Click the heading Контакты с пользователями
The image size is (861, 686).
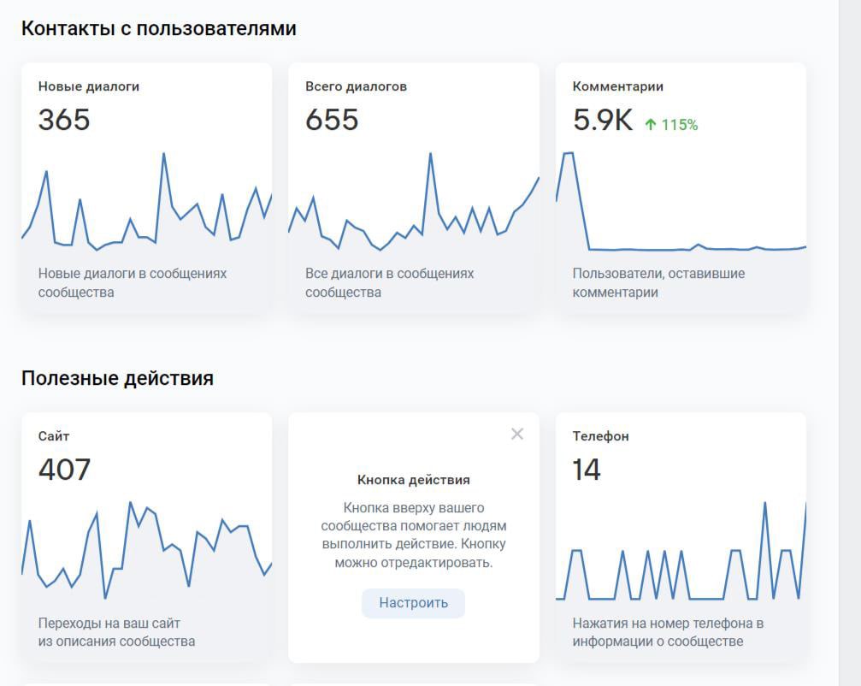click(x=158, y=28)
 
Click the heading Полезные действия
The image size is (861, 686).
click(x=117, y=378)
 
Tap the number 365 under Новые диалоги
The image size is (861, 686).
click(x=64, y=120)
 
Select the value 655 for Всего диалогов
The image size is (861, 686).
click(x=332, y=120)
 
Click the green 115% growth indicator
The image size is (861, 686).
click(x=680, y=125)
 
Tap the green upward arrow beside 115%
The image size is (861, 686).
click(x=651, y=125)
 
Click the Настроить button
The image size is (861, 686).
click(x=413, y=603)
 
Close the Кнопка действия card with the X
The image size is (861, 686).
click(x=516, y=435)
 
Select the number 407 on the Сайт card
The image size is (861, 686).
click(x=64, y=470)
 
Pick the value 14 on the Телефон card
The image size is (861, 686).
click(x=587, y=470)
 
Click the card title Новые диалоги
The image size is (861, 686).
click(x=89, y=86)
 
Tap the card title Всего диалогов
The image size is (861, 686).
click(x=356, y=86)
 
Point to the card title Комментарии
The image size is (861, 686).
click(x=617, y=86)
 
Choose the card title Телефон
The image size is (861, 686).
click(x=600, y=436)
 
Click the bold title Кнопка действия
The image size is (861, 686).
click(x=413, y=480)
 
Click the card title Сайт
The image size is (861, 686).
click(x=54, y=436)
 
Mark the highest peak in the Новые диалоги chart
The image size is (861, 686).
click(x=163, y=154)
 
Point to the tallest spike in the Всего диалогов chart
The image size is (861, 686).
click(x=430, y=154)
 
